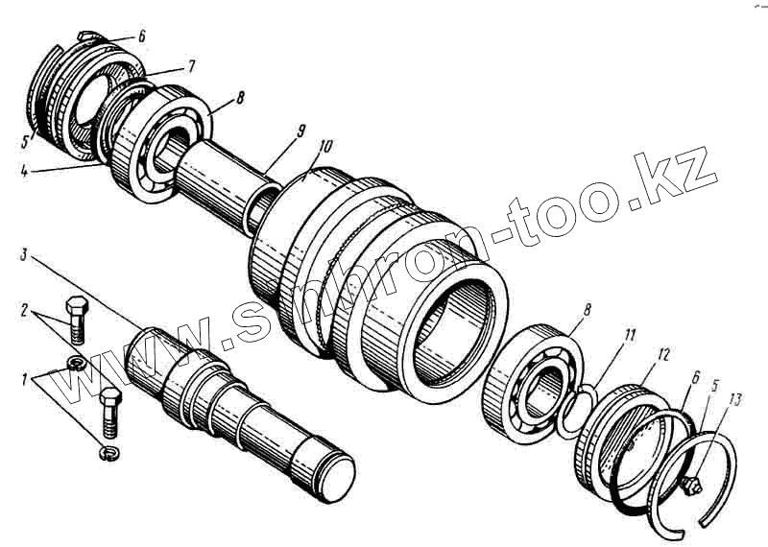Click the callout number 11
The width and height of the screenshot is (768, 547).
(629, 336)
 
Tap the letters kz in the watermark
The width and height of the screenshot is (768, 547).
(682, 178)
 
